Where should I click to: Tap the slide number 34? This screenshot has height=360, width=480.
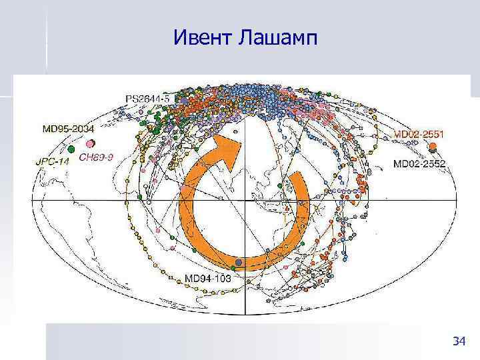tap(459, 342)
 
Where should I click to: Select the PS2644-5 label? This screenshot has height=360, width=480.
tap(148, 99)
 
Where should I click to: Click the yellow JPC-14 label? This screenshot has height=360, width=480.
tap(53, 160)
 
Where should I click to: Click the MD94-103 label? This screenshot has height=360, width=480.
tap(207, 279)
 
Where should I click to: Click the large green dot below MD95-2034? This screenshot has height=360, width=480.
tap(71, 149)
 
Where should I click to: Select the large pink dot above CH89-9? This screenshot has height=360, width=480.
tap(90, 143)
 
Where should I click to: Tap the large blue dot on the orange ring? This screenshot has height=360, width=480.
tap(238, 263)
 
